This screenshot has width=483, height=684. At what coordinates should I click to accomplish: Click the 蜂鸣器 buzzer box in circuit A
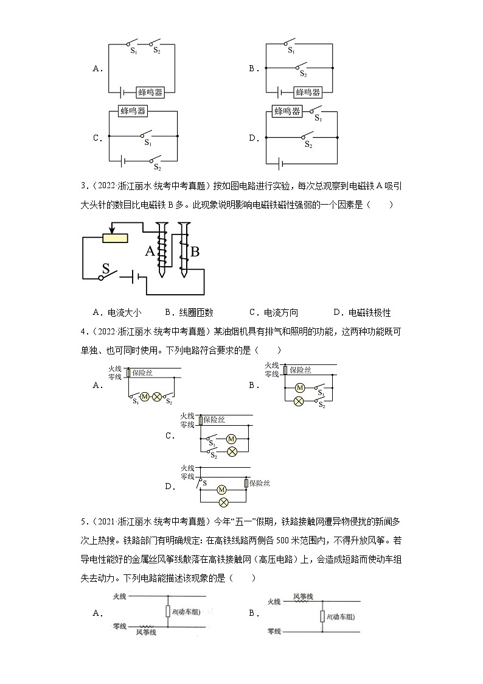150,92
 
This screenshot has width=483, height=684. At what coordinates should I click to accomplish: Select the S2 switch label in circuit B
303,74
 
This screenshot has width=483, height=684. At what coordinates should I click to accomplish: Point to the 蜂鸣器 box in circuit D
287,111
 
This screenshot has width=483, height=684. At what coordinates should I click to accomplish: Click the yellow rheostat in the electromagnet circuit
116,238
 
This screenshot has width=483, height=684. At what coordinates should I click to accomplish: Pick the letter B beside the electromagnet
195,251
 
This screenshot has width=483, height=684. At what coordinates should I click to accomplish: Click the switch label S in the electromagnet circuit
106,268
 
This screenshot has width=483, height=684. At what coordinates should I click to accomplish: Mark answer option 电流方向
281,312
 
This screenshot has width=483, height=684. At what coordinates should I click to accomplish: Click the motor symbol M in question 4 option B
299,387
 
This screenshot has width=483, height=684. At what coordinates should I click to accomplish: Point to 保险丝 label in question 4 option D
259,483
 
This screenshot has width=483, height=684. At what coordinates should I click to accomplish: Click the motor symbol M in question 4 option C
231,439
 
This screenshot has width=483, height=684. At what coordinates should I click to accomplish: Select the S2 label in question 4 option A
169,402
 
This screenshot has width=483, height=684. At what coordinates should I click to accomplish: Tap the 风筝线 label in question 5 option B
303,596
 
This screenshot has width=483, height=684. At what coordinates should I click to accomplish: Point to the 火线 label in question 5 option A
119,597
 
